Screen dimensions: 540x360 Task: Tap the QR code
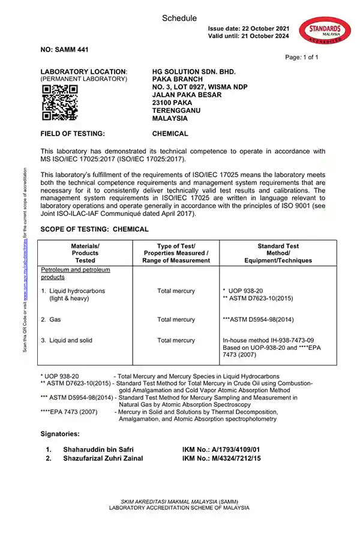[x=60, y=102]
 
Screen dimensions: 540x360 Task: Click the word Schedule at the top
[x=179, y=19]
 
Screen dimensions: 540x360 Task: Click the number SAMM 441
[x=64, y=50]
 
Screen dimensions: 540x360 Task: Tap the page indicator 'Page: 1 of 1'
[x=302, y=58]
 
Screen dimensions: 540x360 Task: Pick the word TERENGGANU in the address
[x=177, y=110]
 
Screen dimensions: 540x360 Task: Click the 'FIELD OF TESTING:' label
[x=73, y=134]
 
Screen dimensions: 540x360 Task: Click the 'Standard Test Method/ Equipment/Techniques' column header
[x=278, y=253]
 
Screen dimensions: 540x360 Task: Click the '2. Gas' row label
[x=52, y=320]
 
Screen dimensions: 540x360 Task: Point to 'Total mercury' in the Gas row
[x=176, y=320]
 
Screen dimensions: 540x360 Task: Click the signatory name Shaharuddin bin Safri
[x=98, y=449]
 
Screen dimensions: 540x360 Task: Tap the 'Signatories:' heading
[x=60, y=433]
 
